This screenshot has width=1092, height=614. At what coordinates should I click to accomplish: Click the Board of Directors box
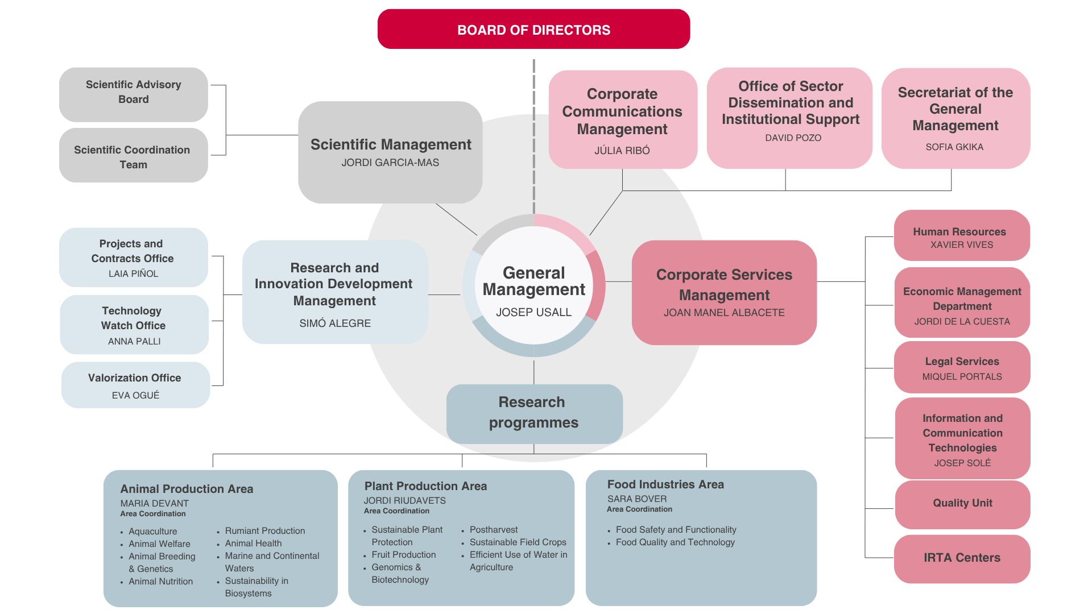click(x=533, y=29)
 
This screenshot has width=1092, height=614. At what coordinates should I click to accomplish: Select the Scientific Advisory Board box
click(x=134, y=94)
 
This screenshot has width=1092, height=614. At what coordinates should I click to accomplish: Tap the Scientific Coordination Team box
click(x=134, y=155)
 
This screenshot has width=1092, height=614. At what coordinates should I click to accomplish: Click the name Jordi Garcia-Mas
click(x=390, y=163)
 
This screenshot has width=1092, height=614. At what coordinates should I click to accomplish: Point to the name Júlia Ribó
click(x=622, y=150)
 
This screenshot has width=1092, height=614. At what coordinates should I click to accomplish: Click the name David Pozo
click(x=793, y=138)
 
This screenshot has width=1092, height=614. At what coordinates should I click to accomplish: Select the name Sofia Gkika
click(x=954, y=147)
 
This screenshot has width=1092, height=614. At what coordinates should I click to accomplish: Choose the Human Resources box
click(x=962, y=235)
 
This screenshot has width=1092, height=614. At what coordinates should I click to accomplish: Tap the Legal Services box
click(x=962, y=367)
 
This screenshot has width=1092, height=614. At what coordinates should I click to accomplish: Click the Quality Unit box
click(x=962, y=504)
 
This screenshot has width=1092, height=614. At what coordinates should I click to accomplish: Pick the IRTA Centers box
click(x=962, y=559)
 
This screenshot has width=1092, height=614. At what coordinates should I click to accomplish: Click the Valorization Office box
click(x=135, y=385)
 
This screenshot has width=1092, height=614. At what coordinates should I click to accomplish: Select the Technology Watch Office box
click(x=134, y=325)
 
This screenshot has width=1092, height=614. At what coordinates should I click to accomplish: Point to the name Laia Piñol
click(x=134, y=273)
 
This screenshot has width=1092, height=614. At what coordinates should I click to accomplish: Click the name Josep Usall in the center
click(x=533, y=312)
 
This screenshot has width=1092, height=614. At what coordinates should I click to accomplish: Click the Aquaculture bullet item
click(x=152, y=532)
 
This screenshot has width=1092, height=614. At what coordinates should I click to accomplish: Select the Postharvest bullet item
click(x=494, y=529)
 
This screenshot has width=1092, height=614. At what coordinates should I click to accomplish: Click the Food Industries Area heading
click(x=665, y=484)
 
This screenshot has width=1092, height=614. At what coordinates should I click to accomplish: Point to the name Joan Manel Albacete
click(x=724, y=313)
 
